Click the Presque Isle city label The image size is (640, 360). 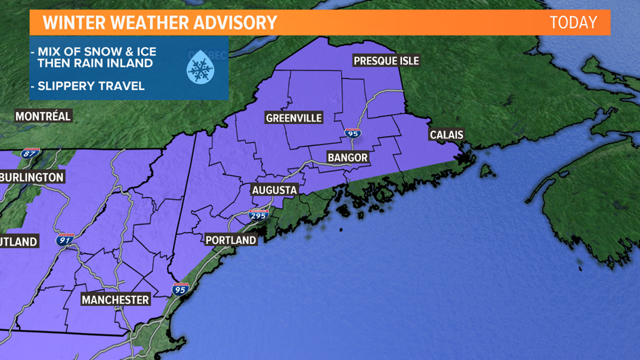click(x=386, y=61)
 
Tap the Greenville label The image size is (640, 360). click(x=294, y=117)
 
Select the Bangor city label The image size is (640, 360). click(x=347, y=158)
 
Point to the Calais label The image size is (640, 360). click(x=446, y=135)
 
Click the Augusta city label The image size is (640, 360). click(x=274, y=190)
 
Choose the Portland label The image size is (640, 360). click(x=231, y=240)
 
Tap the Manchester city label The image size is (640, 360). click(x=116, y=300)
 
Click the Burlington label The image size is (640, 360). click(x=31, y=177)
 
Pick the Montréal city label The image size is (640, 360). click(x=43, y=117)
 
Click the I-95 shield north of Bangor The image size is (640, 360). click(x=353, y=134)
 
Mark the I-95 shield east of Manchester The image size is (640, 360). click(x=180, y=289)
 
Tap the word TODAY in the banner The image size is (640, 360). click(x=573, y=22)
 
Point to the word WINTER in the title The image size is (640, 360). click(x=72, y=22)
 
